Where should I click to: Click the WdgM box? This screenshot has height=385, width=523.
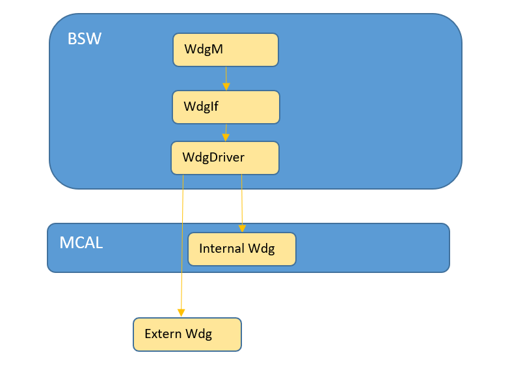tap(225, 50)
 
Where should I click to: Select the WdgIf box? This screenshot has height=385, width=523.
tap(226, 107)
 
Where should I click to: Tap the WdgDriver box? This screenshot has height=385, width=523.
tap(225, 158)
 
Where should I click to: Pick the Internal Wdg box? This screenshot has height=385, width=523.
tap(242, 249)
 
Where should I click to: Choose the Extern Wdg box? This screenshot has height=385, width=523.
tap(187, 334)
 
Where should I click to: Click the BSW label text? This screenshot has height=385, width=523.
tap(85, 39)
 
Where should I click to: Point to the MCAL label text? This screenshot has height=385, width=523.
tap(81, 243)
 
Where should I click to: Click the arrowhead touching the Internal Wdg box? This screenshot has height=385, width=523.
tap(242, 228)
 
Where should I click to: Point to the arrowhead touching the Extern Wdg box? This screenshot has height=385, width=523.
tap(181, 313)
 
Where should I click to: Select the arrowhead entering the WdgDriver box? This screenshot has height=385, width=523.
tap(226, 137)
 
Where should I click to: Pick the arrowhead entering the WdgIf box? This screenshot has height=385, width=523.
tap(226, 87)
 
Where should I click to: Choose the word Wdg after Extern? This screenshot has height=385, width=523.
tap(198, 334)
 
